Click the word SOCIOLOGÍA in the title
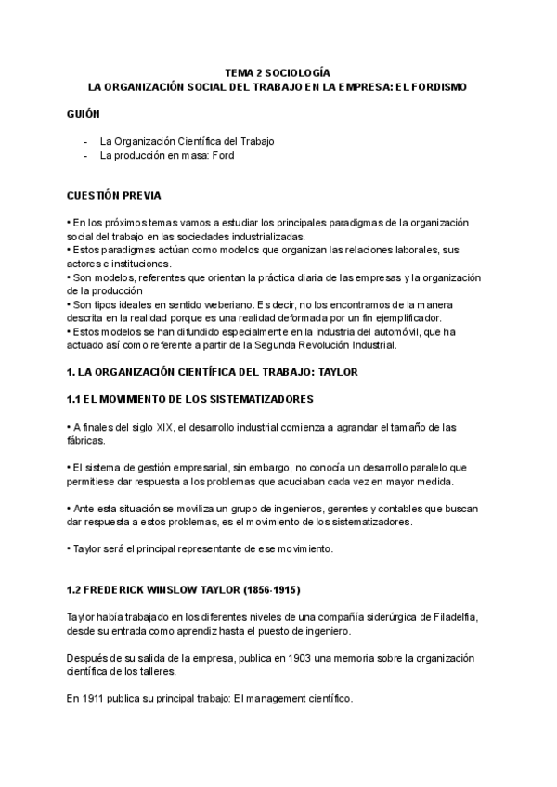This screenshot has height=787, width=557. tap(298, 71)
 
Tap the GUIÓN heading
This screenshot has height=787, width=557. tap(84, 111)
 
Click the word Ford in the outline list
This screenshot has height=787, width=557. tap(223, 156)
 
